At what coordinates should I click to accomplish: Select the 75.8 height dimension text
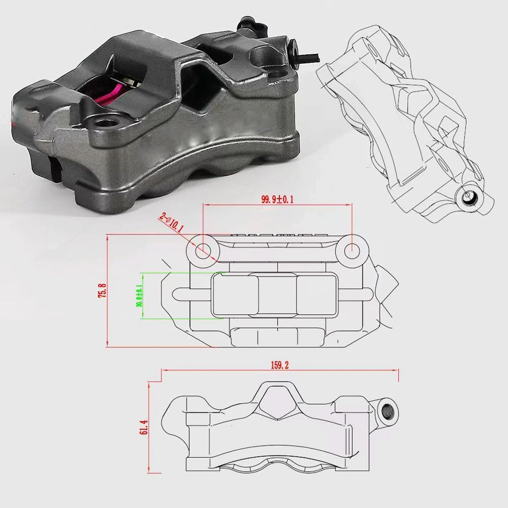(x=101, y=291)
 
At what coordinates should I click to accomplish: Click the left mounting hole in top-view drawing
(x=202, y=249)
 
